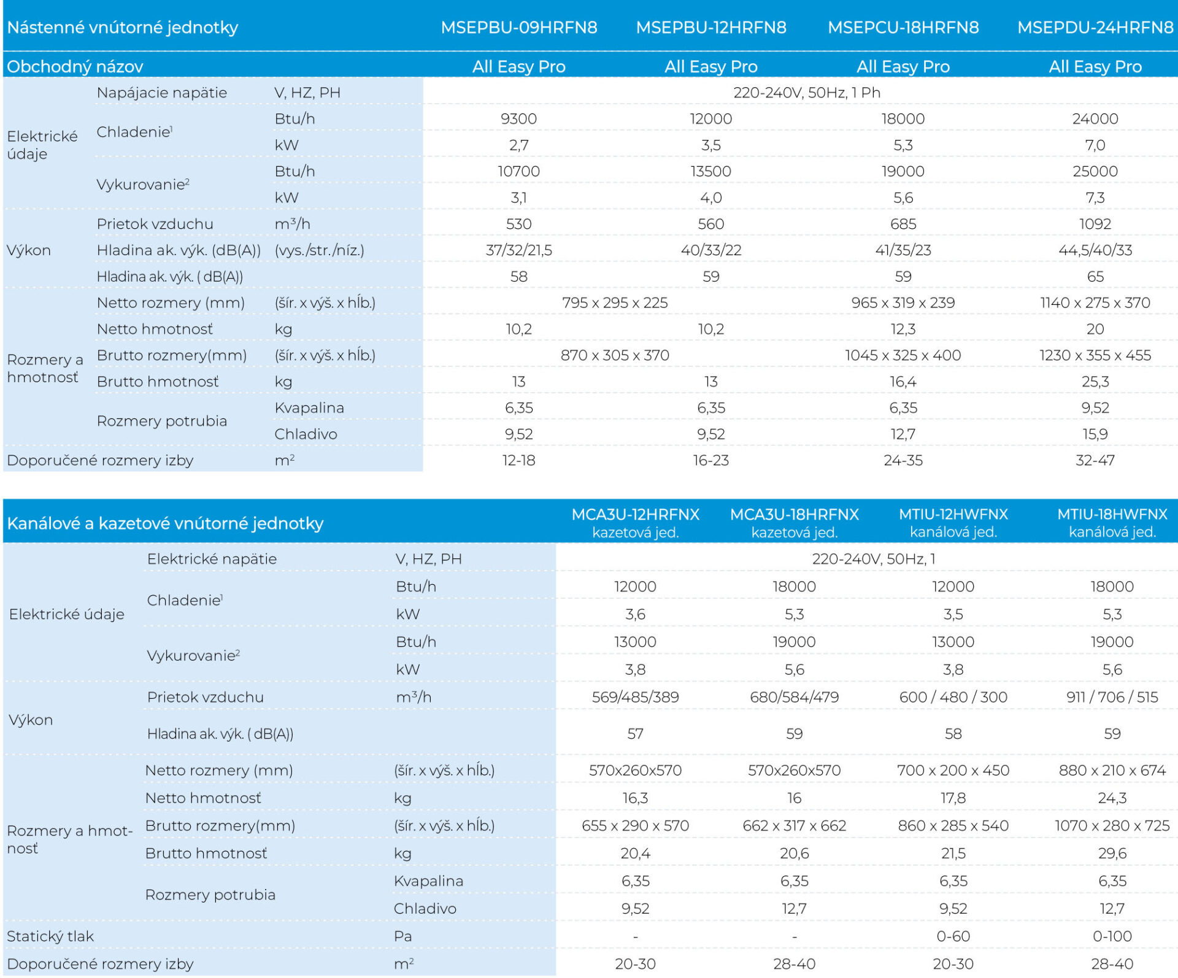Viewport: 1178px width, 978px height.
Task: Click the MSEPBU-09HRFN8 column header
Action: coord(519,28)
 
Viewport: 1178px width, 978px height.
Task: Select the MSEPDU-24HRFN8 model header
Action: coord(1095,28)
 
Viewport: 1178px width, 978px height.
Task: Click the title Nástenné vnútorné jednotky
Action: coord(123,28)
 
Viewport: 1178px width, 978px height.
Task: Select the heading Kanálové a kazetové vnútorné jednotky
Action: coord(165,523)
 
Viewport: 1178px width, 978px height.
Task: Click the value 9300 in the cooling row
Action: coord(519,118)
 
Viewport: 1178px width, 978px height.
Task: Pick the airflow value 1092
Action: coord(1095,224)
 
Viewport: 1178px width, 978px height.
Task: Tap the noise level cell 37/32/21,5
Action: coord(519,250)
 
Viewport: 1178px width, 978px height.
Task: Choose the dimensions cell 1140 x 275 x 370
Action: coord(1095,302)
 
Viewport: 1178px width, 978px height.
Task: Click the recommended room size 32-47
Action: coord(1095,460)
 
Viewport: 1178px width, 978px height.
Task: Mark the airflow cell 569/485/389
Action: coord(636,697)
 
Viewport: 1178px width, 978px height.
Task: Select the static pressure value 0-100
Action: coord(1112,936)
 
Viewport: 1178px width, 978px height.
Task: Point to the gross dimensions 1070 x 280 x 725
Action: coord(1112,826)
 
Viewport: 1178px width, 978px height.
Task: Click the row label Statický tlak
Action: coord(50,936)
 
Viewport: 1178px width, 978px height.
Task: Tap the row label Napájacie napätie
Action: coord(162,93)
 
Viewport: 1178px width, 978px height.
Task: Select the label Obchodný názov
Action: coord(75,66)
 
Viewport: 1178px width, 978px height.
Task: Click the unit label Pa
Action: coord(402,936)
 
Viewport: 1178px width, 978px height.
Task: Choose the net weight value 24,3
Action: coord(1112,798)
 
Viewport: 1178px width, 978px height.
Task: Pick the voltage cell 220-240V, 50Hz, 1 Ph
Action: coord(807,93)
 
